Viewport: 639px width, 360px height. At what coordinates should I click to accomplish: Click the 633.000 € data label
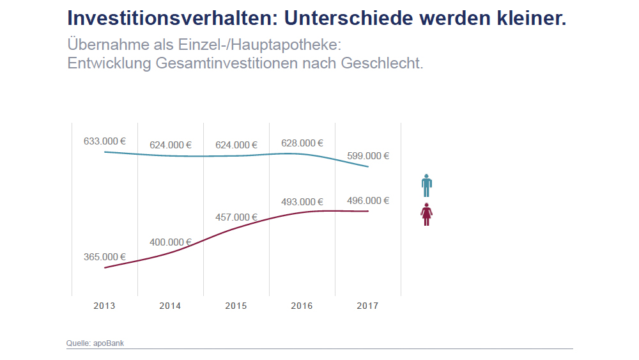tap(105, 141)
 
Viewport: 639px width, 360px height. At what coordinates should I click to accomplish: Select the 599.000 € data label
tap(368, 155)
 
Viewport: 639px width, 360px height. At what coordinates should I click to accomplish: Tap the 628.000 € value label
tap(302, 143)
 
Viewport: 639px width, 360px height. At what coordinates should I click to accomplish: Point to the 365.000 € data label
tap(105, 257)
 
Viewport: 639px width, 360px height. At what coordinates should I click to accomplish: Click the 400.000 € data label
tap(171, 242)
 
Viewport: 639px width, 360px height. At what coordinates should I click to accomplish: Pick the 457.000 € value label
tap(236, 217)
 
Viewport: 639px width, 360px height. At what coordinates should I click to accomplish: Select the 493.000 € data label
tap(302, 202)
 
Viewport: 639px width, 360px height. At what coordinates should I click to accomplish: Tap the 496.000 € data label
tap(368, 201)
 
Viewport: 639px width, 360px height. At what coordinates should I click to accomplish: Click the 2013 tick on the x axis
tap(104, 306)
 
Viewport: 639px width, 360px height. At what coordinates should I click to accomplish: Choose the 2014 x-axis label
tap(170, 306)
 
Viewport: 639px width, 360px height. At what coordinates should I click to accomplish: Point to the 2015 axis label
tap(236, 306)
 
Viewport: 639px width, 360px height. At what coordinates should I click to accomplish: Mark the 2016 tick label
tap(302, 306)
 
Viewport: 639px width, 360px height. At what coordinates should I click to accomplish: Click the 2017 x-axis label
tap(367, 306)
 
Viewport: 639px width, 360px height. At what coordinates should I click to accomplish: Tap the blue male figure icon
tap(427, 185)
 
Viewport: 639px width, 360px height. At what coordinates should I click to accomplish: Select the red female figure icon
tap(427, 214)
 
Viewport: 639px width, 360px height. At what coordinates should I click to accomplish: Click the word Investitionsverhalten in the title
tap(170, 18)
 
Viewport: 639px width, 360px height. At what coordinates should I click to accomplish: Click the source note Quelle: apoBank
tap(95, 343)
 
